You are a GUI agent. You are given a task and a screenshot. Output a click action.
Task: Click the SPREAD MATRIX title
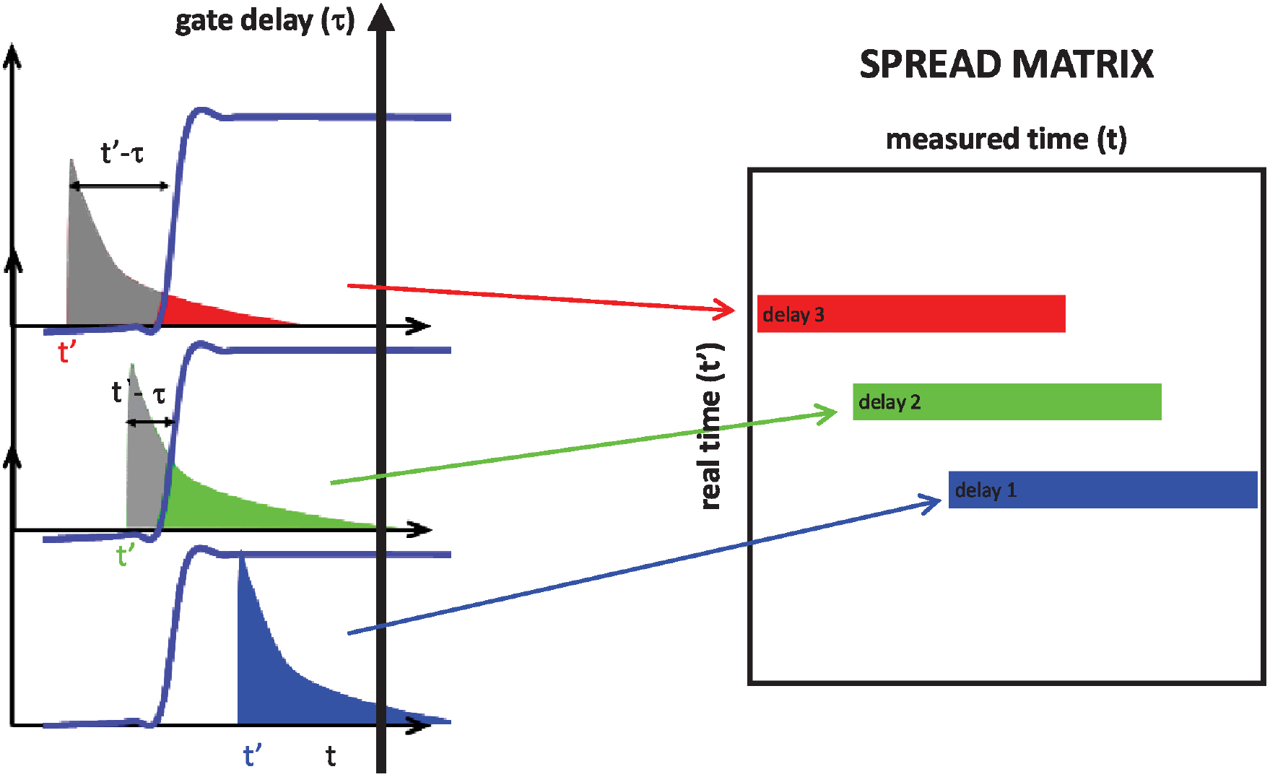pyautogui.click(x=1006, y=64)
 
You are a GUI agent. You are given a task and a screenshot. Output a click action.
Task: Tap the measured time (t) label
pyautogui.click(x=1006, y=139)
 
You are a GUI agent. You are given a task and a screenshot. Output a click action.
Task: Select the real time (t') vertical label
pyautogui.click(x=711, y=426)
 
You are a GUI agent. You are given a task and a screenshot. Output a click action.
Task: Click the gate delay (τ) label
pyautogui.click(x=265, y=21)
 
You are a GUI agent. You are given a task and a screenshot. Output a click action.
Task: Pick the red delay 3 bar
pyautogui.click(x=911, y=314)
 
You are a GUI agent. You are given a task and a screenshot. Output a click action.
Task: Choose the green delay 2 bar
pyautogui.click(x=1006, y=402)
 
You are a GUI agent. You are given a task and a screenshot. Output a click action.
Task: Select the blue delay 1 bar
pyautogui.click(x=1102, y=490)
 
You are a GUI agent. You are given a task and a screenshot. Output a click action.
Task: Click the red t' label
pyautogui.click(x=67, y=352)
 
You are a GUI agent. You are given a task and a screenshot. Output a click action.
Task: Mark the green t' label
pyautogui.click(x=126, y=556)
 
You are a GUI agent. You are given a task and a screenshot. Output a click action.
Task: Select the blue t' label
pyautogui.click(x=252, y=756)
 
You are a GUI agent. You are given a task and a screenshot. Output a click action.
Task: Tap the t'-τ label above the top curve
pyautogui.click(x=122, y=153)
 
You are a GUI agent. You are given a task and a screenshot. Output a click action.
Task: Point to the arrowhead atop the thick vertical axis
pyautogui.click(x=381, y=18)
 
